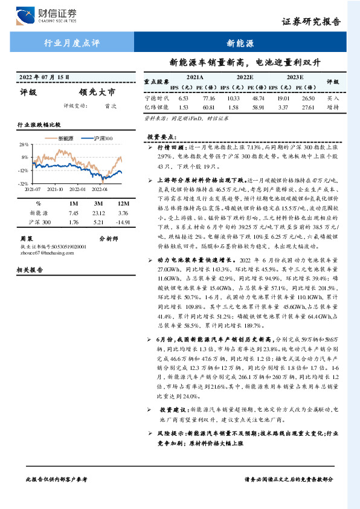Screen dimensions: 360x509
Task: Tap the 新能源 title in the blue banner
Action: click(x=240, y=44)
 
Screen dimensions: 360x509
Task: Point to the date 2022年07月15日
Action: click(x=45, y=77)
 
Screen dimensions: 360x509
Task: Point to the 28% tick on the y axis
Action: click(x=24, y=144)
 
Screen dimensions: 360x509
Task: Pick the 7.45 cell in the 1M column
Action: click(x=74, y=213)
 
